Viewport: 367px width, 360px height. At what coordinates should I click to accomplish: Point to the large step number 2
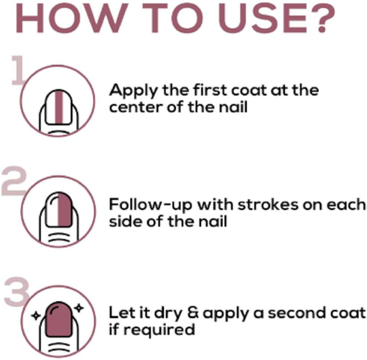click(14, 181)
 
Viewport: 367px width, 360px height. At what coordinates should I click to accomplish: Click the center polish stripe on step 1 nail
click(59, 107)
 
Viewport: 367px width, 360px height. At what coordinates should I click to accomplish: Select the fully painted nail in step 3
click(59, 320)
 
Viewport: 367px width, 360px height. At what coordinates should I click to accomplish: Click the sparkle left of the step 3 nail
click(36, 316)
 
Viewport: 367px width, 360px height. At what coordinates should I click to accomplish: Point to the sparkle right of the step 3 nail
click(79, 308)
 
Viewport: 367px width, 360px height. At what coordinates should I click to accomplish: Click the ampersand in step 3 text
click(194, 313)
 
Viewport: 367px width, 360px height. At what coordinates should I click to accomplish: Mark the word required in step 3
click(159, 330)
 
